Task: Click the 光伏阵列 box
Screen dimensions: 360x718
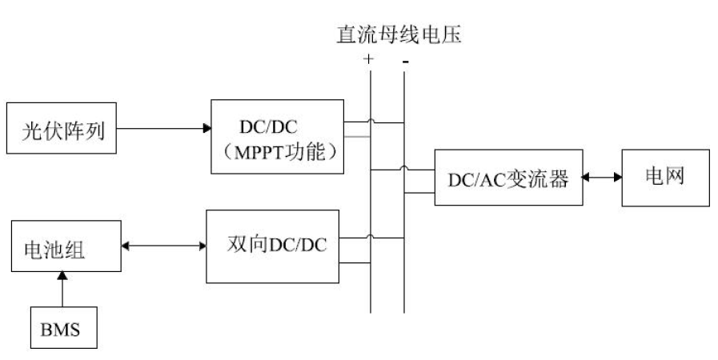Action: (x=68, y=128)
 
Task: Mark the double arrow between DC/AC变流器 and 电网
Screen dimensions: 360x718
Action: (x=600, y=178)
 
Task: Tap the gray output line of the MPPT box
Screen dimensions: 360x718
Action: (x=356, y=136)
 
